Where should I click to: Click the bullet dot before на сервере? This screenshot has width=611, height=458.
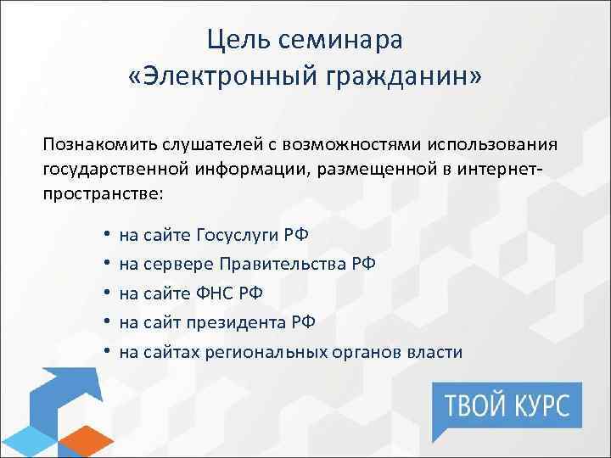pyautogui.click(x=109, y=264)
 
